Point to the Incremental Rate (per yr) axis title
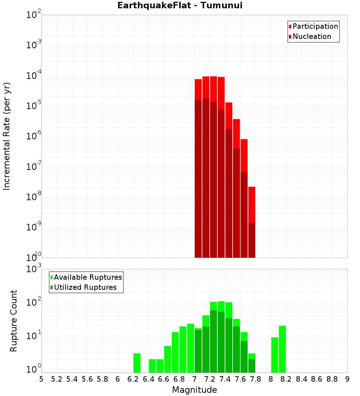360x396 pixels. tap(7, 136)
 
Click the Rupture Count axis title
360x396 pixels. tap(14, 321)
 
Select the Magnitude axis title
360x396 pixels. tap(194, 390)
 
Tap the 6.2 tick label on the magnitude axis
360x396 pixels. tap(133, 379)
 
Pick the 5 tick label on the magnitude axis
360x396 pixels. tap(41, 379)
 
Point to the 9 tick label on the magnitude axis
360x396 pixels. tap(347, 379)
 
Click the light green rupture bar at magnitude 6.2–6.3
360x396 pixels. tap(137, 363)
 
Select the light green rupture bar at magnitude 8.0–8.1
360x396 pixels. tap(275, 355)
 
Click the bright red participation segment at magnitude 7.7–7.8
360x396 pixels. tap(252, 205)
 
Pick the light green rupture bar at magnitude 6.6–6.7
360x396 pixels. tap(167, 359)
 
